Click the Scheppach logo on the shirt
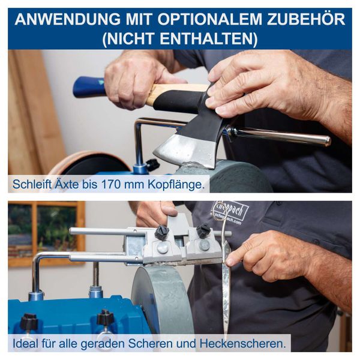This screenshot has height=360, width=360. [x=230, y=211]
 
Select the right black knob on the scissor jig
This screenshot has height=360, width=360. [x=204, y=230]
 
